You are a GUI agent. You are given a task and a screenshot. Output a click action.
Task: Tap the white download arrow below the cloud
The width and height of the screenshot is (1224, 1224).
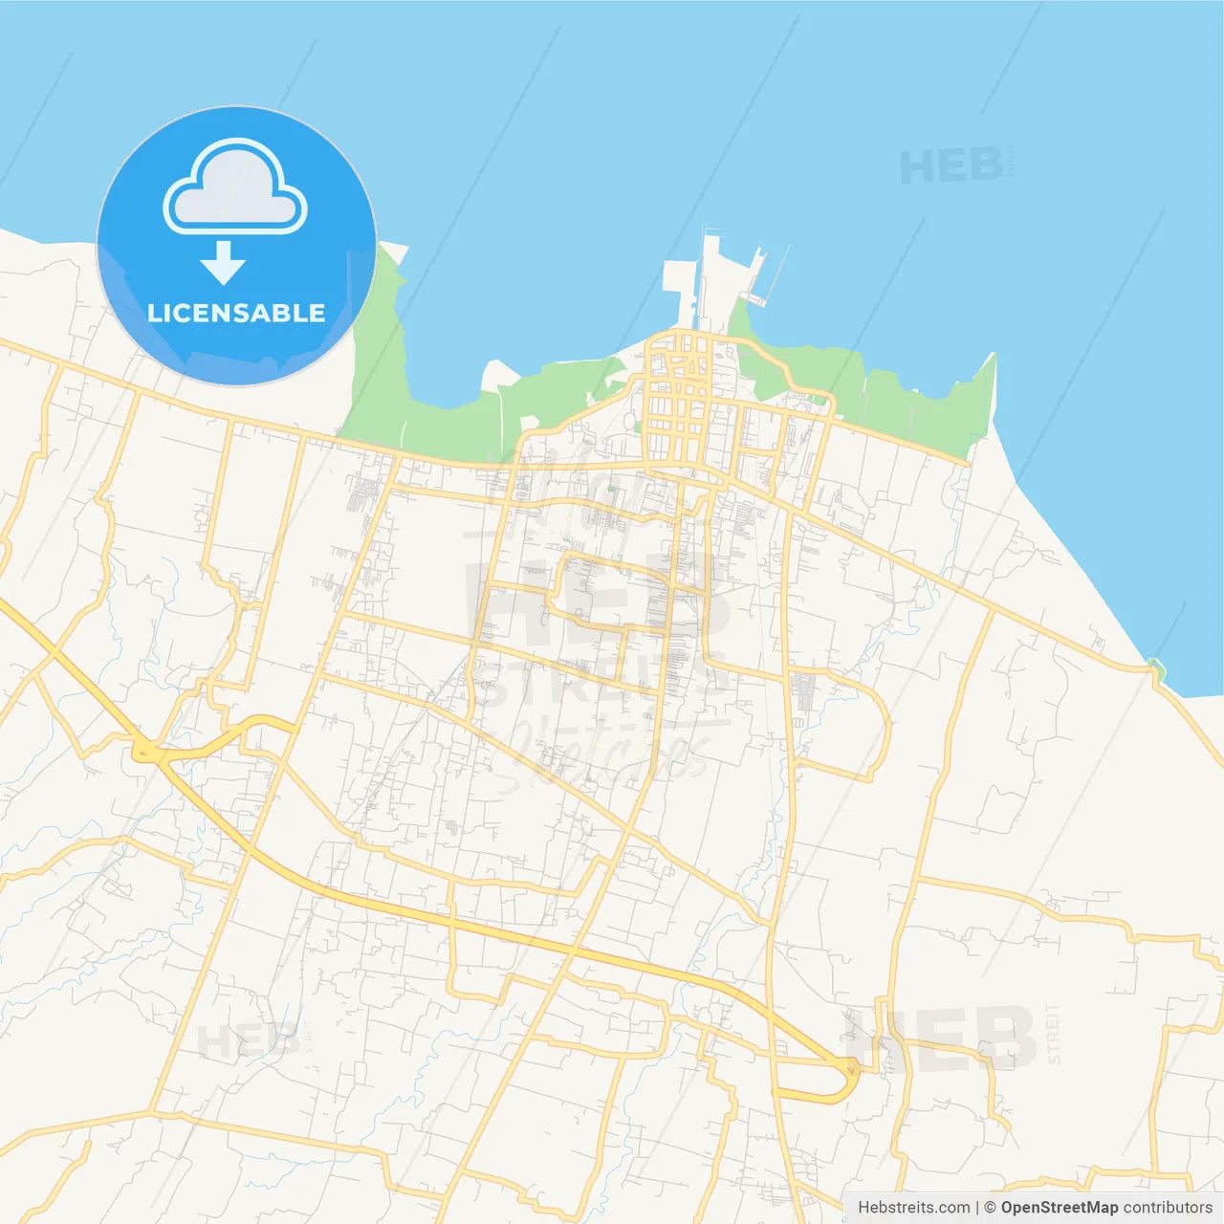223,263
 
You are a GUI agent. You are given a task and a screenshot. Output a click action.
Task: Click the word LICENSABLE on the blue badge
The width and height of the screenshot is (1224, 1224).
236,313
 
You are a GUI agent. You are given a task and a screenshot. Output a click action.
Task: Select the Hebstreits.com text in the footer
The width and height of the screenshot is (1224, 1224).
913,1208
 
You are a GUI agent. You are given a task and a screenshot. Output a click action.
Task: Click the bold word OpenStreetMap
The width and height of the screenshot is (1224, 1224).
1060,1208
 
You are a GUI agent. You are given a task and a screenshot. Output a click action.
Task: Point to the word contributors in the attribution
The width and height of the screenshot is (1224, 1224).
1168,1208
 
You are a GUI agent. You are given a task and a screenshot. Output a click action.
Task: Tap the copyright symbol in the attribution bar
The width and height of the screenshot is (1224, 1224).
990,1208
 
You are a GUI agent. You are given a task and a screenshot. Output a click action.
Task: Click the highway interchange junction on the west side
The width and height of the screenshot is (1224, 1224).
148,754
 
